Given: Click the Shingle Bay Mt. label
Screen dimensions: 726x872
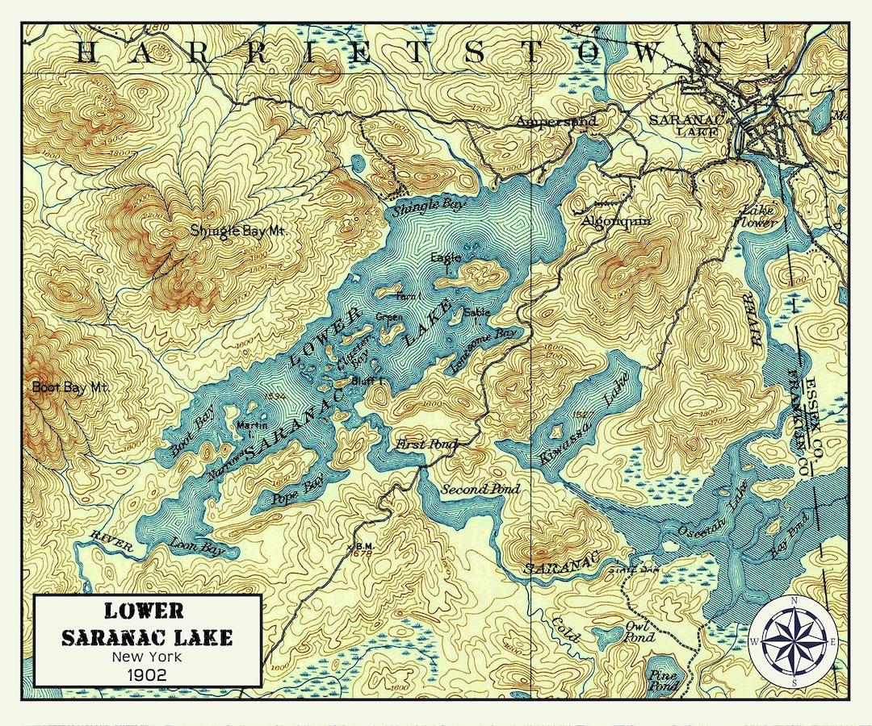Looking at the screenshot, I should [x=238, y=232].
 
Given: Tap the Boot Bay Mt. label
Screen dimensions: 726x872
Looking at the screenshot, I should [x=70, y=387].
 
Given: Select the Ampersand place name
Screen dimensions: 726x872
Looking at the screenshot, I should [x=556, y=122].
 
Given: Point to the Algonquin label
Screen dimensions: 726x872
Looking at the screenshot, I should [x=615, y=220].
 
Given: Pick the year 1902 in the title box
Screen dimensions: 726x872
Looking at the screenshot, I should [x=147, y=674].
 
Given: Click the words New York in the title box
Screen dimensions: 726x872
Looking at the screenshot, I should [x=147, y=656].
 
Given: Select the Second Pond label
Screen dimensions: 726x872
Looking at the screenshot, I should [x=480, y=489].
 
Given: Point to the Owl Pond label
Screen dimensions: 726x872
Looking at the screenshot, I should [x=639, y=632].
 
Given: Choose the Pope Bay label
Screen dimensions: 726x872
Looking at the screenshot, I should [x=298, y=492].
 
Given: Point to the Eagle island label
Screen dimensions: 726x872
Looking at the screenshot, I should [x=446, y=258].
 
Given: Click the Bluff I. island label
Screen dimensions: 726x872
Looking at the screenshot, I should [x=367, y=380].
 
